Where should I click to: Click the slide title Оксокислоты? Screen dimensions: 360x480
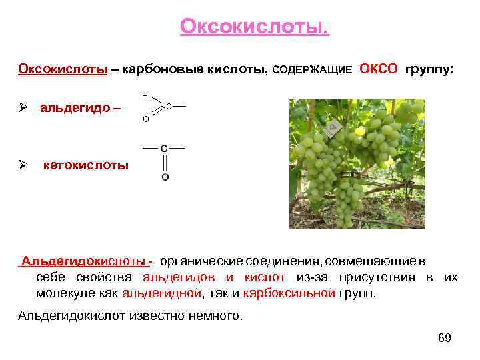pos(254,27)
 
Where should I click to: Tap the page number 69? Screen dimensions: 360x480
pos(445,338)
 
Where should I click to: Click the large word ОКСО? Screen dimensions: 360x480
pos(379,69)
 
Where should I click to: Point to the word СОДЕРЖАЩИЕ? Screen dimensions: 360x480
pos(313,70)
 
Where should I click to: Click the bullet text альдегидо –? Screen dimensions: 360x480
pos(81,108)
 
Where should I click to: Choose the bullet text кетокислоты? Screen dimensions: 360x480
pos(86,165)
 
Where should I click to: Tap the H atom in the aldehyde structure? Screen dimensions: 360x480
pos(145,96)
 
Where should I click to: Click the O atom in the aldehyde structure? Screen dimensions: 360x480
pos(145,120)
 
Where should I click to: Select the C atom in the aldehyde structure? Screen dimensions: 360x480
pos(169,106)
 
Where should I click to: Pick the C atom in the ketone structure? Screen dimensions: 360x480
pos(164,148)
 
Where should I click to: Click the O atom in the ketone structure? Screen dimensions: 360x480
pos(164,177)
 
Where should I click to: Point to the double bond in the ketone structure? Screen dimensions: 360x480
pos(164,163)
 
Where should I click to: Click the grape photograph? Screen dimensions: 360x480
pos(357,164)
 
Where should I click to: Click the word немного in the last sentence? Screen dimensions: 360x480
pos(215,315)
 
